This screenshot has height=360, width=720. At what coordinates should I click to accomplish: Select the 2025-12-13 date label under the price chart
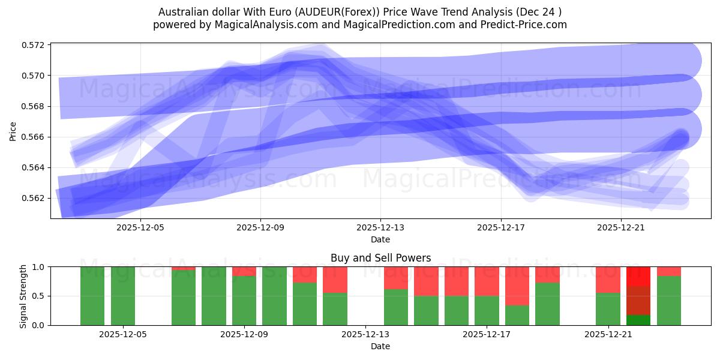(380, 228)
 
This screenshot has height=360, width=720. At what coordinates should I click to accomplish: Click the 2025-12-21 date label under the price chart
(620, 228)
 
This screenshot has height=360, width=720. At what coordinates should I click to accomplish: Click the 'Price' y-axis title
(13, 130)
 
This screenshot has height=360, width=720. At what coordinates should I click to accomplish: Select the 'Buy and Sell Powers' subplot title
(380, 258)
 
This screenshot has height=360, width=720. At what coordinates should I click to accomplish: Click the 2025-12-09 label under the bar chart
(244, 335)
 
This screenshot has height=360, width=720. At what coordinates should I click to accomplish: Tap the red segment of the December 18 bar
(517, 286)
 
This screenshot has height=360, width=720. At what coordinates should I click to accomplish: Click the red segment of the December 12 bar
(335, 279)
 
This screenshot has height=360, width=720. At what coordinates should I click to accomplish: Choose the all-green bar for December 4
(92, 296)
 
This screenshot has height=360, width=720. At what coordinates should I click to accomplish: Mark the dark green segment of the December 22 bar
(638, 320)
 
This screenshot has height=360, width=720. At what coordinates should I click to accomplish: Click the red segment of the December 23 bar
(669, 271)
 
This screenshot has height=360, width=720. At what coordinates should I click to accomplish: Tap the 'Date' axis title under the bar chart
(380, 346)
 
